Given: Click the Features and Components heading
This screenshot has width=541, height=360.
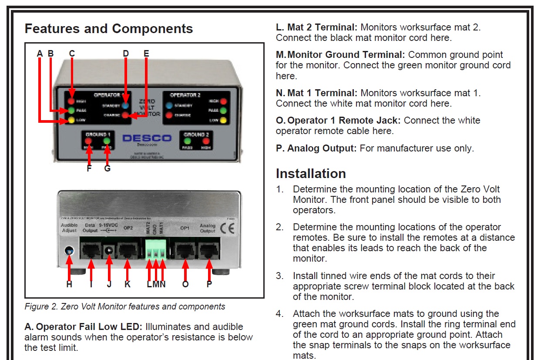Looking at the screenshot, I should (x=109, y=29).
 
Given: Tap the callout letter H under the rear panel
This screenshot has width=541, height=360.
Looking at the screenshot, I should (x=69, y=284).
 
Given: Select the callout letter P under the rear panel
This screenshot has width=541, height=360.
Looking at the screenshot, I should (x=209, y=284).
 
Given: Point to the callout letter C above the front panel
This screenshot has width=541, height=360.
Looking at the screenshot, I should (x=72, y=54).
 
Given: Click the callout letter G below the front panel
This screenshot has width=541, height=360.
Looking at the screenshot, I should (x=108, y=168).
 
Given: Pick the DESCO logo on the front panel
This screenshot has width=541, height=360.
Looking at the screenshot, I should (x=147, y=138).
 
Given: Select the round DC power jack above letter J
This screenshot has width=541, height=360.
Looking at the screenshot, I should (x=109, y=250).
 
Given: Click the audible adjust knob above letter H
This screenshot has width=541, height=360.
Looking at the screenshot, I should (x=69, y=251).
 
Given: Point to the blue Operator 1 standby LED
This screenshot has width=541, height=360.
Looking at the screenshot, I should (x=126, y=105).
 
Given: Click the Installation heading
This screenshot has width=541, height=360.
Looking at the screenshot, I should (x=311, y=174).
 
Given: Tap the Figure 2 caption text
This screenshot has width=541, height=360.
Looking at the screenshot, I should (x=125, y=306).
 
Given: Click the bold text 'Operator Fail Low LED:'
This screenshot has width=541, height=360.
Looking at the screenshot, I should (x=89, y=326).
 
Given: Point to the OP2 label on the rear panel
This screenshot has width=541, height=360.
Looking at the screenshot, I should (x=128, y=227).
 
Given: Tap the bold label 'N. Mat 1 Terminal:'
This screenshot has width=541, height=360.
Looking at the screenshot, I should (x=316, y=93).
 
